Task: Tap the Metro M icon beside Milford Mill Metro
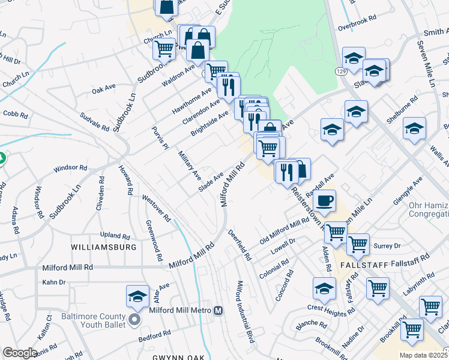(218, 310)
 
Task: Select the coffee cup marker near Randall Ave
(325, 201)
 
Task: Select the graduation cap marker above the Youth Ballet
(137, 296)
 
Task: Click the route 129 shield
(341, 71)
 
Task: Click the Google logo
(20, 353)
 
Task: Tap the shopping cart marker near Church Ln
(164, 49)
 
